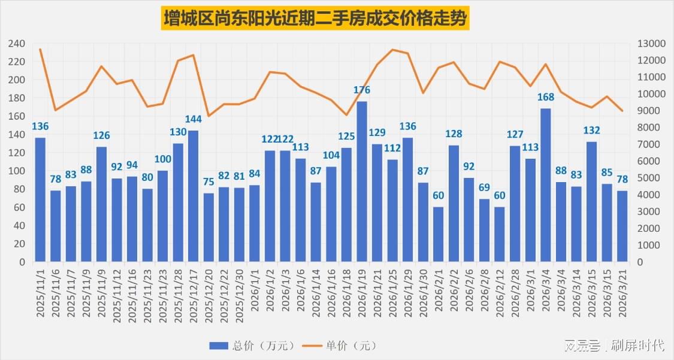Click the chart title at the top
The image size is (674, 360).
[x=316, y=19]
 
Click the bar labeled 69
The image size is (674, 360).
[x=484, y=230]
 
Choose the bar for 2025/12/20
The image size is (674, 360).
[x=208, y=227]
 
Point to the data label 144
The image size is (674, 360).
[x=193, y=119]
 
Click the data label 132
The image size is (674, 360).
[x=591, y=130]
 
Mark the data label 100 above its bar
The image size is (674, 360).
[x=162, y=159]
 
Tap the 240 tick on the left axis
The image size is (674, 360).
[x=17, y=44]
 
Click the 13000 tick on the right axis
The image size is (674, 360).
[x=649, y=44]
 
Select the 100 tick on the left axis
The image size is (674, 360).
[x=17, y=171]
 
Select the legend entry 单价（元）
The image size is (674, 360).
[x=341, y=346]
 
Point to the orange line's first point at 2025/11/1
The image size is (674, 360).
[x=40, y=49]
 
